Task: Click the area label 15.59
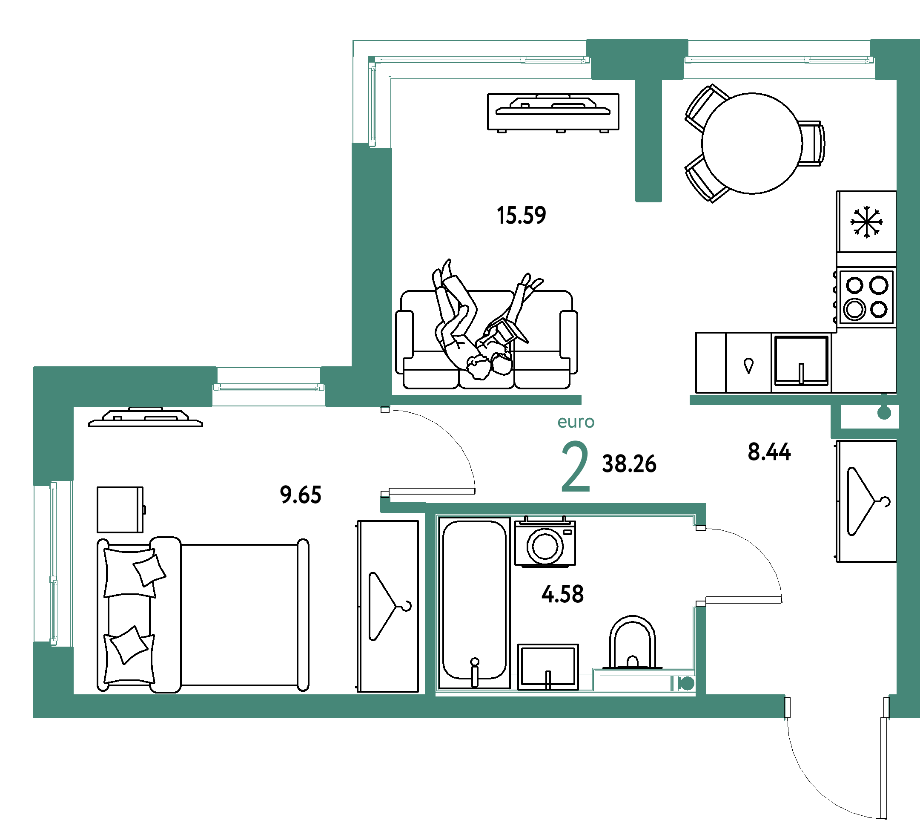522,216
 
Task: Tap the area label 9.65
301,495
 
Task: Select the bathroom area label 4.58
562,594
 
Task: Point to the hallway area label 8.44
769,452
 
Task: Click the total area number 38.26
629,464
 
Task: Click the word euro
576,422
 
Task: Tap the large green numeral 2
576,466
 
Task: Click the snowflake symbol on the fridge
866,222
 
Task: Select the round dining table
751,143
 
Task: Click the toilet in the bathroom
632,643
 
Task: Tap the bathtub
475,603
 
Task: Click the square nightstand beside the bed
120,509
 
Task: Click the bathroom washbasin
548,667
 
